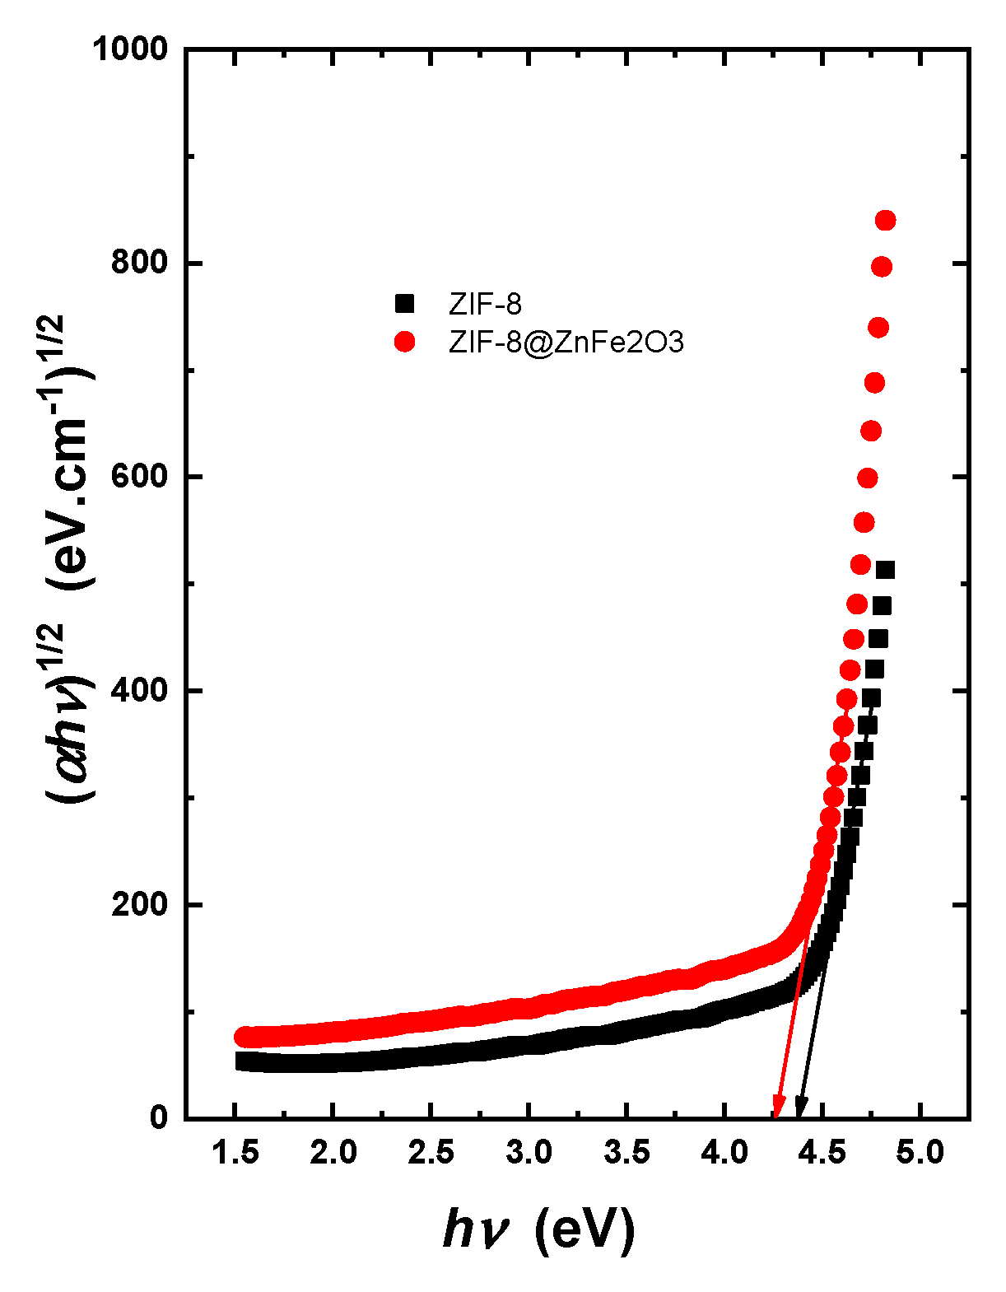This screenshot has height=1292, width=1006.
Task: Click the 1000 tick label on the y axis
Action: (x=129, y=49)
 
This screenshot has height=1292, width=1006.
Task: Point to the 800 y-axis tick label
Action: (x=140, y=263)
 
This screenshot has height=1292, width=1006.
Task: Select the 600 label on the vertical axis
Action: (x=140, y=477)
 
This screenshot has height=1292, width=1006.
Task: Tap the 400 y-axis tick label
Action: (x=140, y=690)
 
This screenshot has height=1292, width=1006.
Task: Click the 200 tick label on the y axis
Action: (x=140, y=904)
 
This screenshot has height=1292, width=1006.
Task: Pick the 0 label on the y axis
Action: (x=159, y=1117)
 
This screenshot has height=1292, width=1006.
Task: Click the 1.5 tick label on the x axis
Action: (x=235, y=1153)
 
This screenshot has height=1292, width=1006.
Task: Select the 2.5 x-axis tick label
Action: (x=431, y=1153)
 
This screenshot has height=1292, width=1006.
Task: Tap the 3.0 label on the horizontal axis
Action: (x=529, y=1153)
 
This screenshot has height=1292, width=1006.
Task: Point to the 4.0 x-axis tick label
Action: (x=724, y=1153)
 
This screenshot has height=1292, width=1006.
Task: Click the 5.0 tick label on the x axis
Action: (x=920, y=1153)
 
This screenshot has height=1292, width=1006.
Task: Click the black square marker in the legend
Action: (x=404, y=304)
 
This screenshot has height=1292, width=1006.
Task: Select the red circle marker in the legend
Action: (x=404, y=341)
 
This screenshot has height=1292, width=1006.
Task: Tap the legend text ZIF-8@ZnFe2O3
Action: (x=566, y=342)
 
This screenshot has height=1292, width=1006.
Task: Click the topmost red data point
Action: (x=886, y=220)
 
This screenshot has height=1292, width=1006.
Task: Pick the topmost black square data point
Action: (x=885, y=570)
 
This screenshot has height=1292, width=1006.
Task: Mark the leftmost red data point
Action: (x=244, y=1037)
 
